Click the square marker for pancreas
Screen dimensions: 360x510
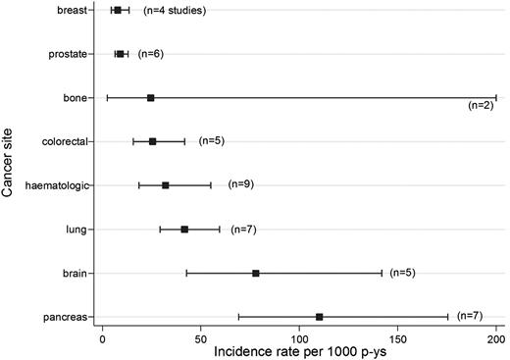point(320,317)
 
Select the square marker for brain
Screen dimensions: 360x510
point(256,273)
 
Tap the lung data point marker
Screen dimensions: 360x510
point(184,230)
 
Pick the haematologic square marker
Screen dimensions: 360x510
point(165,185)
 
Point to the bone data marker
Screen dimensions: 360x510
point(150,98)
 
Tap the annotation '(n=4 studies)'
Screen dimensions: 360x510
point(175,11)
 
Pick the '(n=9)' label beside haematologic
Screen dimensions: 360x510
point(240,183)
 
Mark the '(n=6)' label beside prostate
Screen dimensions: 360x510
point(150,53)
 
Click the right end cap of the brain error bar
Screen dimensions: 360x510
point(382,273)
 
